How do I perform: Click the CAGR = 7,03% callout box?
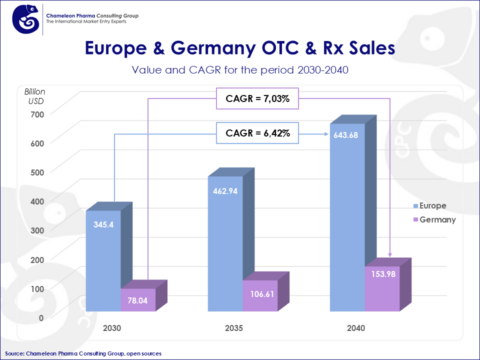pyautogui.click(x=261, y=98)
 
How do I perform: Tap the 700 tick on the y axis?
pyautogui.click(x=35, y=114)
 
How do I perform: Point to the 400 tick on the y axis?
pyautogui.click(x=35, y=201)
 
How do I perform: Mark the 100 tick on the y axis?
pyautogui.click(x=35, y=288)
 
